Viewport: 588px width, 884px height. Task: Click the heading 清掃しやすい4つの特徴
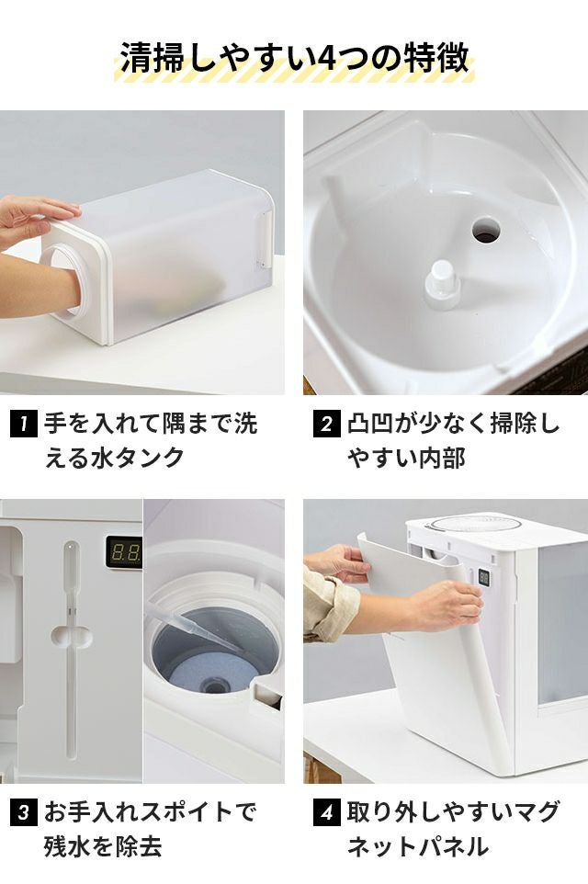click(x=294, y=57)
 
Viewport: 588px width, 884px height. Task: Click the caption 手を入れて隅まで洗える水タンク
click(x=151, y=440)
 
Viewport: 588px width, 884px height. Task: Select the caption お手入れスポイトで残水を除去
click(x=150, y=829)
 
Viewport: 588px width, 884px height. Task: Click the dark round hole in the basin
click(x=486, y=230)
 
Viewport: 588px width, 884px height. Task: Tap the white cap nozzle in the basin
click(x=443, y=285)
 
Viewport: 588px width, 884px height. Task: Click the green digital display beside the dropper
click(x=124, y=551)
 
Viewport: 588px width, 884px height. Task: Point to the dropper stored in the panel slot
click(x=71, y=649)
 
